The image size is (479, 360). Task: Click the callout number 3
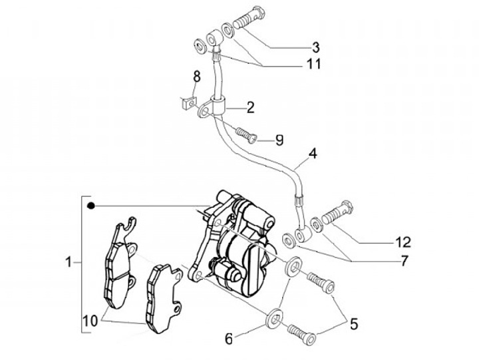[315, 47]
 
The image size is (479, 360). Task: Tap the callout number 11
[313, 64]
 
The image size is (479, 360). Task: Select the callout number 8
[197, 77]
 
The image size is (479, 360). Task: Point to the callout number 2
[250, 106]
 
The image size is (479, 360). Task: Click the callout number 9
[279, 140]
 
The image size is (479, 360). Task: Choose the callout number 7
[404, 261]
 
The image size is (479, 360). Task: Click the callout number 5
[354, 324]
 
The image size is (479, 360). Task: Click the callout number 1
[69, 263]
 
